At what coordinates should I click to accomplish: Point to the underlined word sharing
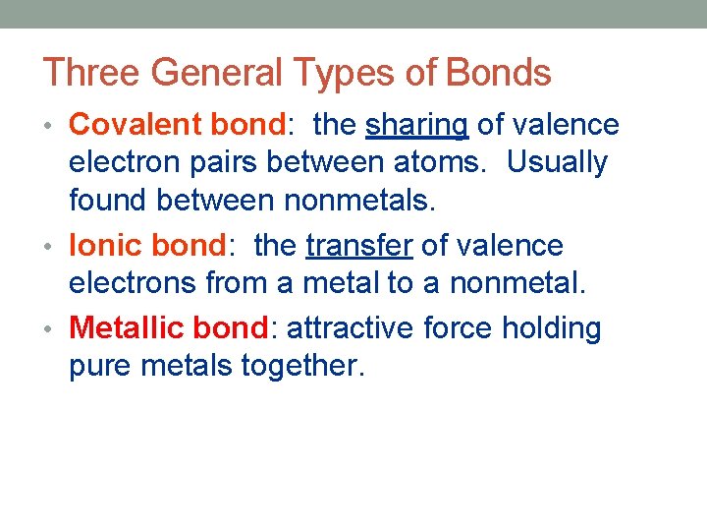click(416, 126)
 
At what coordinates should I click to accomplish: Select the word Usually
click(557, 162)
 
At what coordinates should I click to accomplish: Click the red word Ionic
click(105, 246)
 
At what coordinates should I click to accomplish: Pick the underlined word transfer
click(358, 246)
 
